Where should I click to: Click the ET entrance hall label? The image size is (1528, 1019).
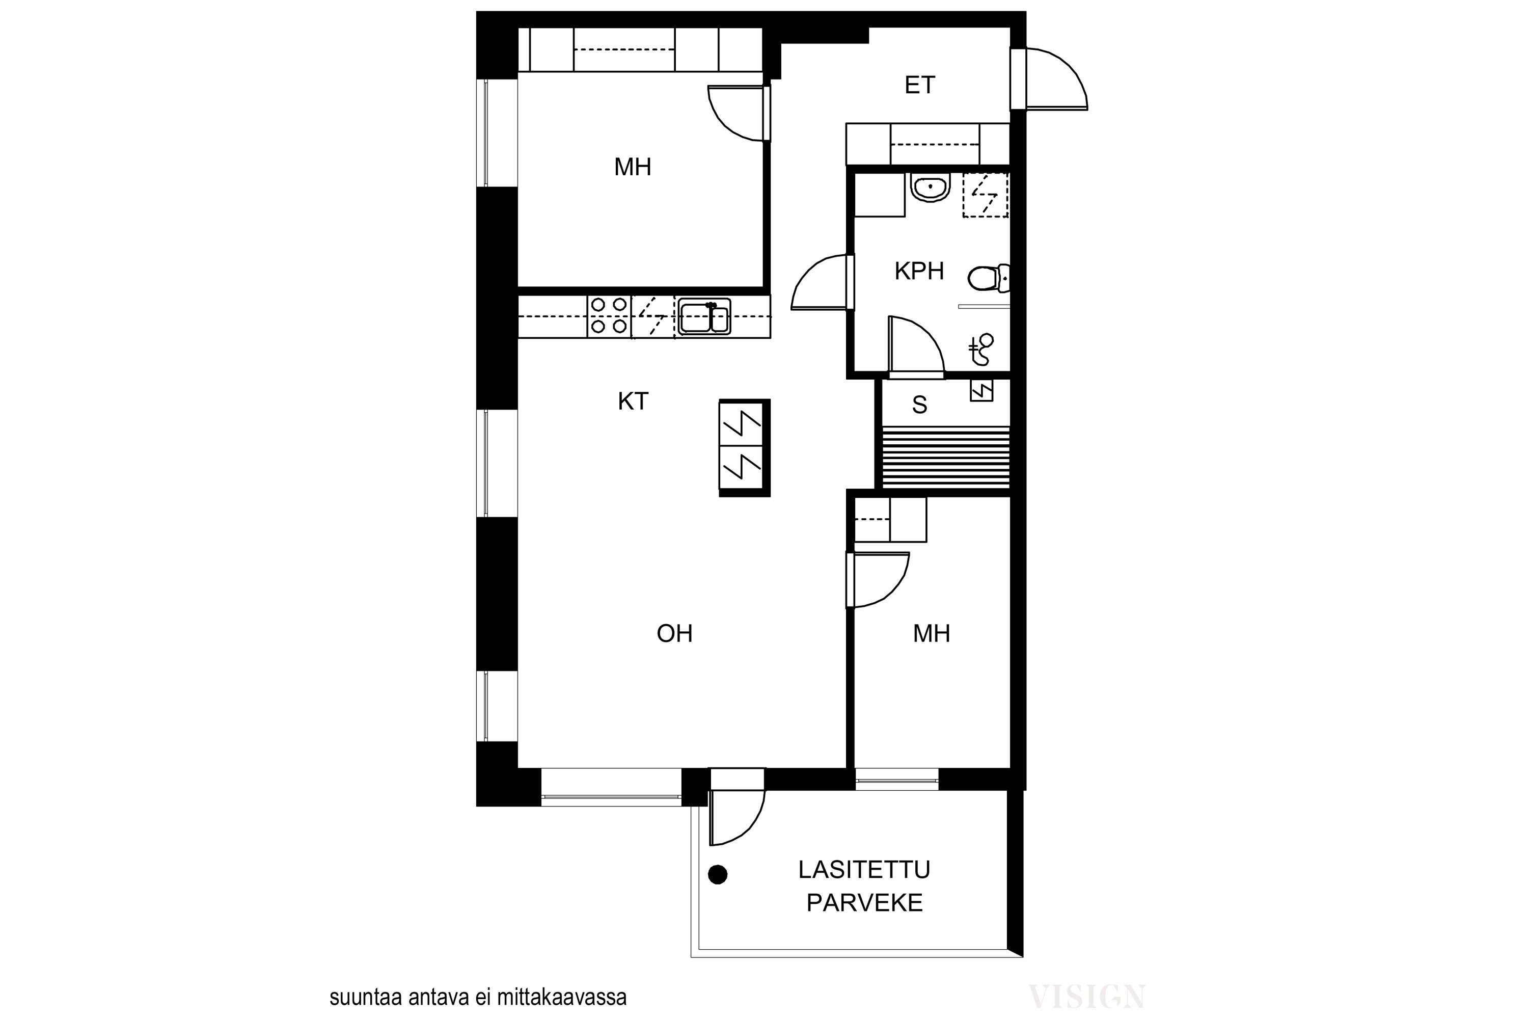click(919, 85)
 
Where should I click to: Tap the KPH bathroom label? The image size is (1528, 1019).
click(919, 271)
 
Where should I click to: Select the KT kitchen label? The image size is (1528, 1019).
click(633, 401)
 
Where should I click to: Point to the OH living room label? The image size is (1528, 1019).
click(674, 634)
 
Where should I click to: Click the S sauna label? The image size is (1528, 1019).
click(919, 405)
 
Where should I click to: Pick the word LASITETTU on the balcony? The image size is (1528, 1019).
click(864, 870)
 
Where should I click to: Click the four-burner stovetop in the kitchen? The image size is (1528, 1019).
click(609, 316)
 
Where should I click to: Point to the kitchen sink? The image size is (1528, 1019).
click(704, 316)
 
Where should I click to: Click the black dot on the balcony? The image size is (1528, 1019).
click(717, 875)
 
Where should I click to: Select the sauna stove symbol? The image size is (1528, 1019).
click(981, 391)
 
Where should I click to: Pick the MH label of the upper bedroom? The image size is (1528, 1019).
click(632, 168)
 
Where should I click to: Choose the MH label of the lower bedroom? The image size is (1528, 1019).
click(931, 634)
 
